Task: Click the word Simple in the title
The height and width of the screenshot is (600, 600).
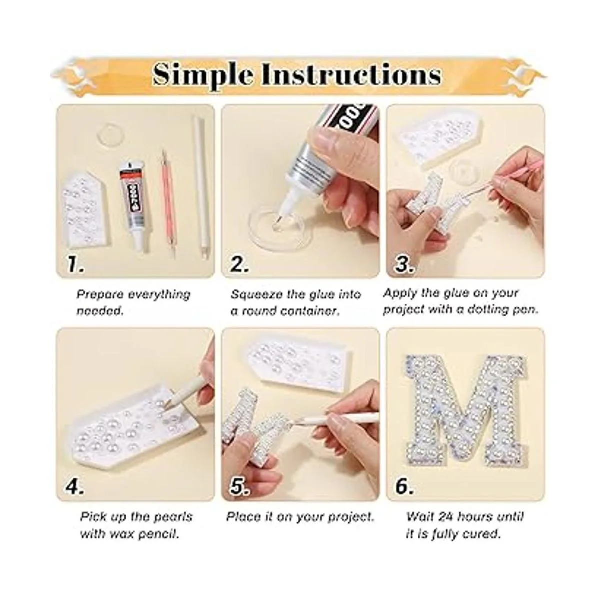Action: coord(202,74)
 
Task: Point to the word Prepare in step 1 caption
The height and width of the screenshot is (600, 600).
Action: coord(98,295)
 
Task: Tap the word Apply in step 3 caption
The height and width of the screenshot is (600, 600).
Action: coord(399,293)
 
